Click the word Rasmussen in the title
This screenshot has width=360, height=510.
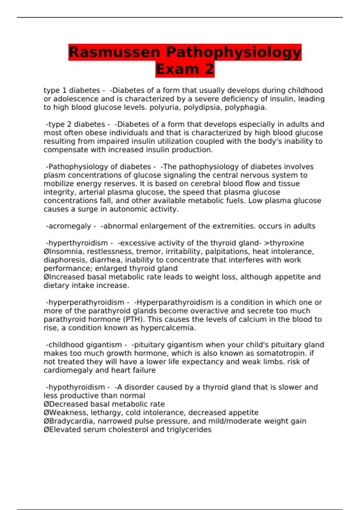click(x=114, y=52)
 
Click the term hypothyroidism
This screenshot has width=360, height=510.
click(x=76, y=387)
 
